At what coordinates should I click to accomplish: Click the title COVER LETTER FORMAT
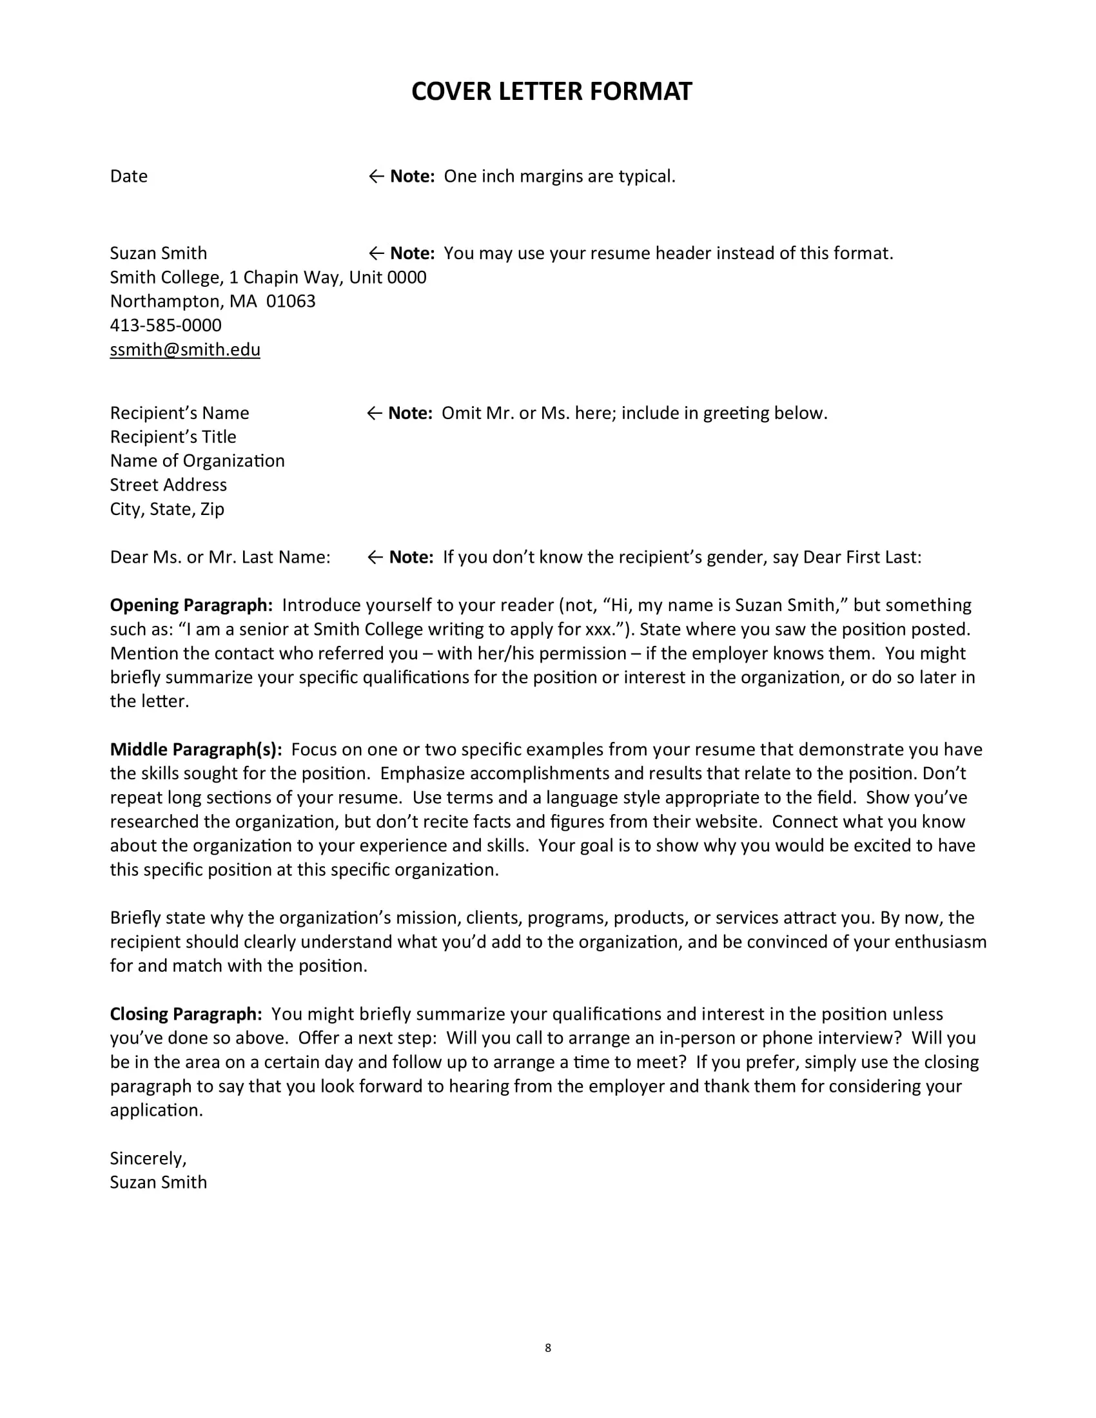(x=551, y=92)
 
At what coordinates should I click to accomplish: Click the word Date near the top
(x=128, y=177)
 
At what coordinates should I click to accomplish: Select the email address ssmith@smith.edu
(x=185, y=350)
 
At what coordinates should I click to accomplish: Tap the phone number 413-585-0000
(x=166, y=325)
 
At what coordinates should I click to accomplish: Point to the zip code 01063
(x=291, y=301)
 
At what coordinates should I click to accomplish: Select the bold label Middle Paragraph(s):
(x=196, y=749)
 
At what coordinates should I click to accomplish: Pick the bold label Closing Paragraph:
(x=186, y=1014)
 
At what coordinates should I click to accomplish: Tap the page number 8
(x=548, y=1348)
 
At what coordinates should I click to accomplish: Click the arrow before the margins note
(x=376, y=177)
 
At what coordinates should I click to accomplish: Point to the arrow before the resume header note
(x=376, y=253)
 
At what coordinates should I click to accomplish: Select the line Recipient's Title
(x=173, y=437)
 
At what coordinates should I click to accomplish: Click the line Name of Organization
(x=197, y=461)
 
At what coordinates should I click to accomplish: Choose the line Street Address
(x=168, y=485)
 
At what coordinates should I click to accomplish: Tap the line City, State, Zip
(x=167, y=509)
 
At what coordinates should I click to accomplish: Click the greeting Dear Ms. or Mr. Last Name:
(x=220, y=557)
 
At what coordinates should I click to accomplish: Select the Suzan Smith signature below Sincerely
(x=159, y=1182)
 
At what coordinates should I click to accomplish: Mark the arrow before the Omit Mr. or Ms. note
(x=374, y=414)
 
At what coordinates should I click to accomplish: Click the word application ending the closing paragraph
(x=156, y=1111)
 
